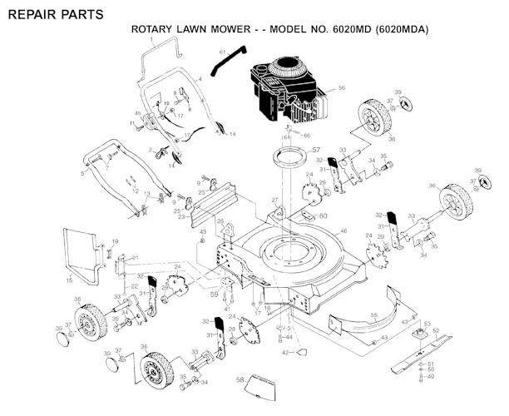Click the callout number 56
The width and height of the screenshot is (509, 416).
point(341,87)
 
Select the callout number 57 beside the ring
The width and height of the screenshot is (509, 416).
point(316,151)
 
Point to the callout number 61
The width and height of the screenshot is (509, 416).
point(223,52)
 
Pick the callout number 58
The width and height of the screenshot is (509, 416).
point(240,379)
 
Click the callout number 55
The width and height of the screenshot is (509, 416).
point(374,315)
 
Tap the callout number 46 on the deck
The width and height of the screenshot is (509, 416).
point(343,230)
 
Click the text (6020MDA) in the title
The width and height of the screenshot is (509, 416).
point(404,30)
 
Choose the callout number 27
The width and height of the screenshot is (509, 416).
point(274,201)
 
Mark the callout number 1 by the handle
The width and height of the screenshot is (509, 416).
point(152,39)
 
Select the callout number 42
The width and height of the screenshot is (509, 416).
point(284,353)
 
